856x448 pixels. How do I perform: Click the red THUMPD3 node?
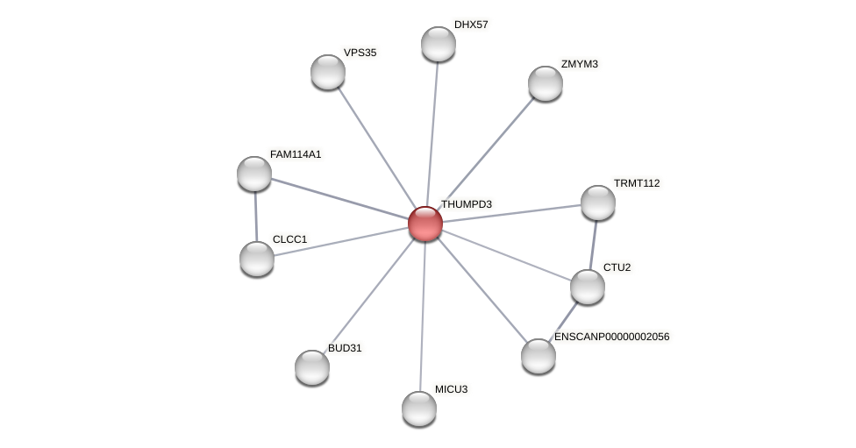pos(425,224)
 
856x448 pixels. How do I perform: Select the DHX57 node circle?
pos(439,44)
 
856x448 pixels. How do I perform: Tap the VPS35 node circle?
pos(328,72)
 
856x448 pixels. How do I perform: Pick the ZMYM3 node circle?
pos(546,83)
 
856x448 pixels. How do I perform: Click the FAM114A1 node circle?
pos(254,174)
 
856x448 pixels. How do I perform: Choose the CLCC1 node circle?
pos(257,259)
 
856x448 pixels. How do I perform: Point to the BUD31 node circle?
pos(312,367)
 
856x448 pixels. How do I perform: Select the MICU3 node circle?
pos(419,409)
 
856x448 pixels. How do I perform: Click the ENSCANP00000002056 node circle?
pos(539,356)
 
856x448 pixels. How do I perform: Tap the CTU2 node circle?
pos(588,287)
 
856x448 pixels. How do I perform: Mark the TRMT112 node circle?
pos(598,203)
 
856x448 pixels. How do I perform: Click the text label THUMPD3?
pos(466,204)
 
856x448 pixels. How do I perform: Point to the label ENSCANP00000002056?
pos(611,337)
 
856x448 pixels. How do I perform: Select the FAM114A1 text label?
pos(296,154)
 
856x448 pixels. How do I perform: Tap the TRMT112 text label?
pos(636,183)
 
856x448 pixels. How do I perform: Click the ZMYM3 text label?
pos(579,64)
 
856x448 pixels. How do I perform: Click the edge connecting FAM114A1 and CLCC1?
pos(255,217)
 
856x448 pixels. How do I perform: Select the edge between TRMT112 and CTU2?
pos(593,245)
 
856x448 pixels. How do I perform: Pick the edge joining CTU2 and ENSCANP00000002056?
pos(564,320)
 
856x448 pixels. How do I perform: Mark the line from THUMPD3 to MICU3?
pos(423,316)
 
